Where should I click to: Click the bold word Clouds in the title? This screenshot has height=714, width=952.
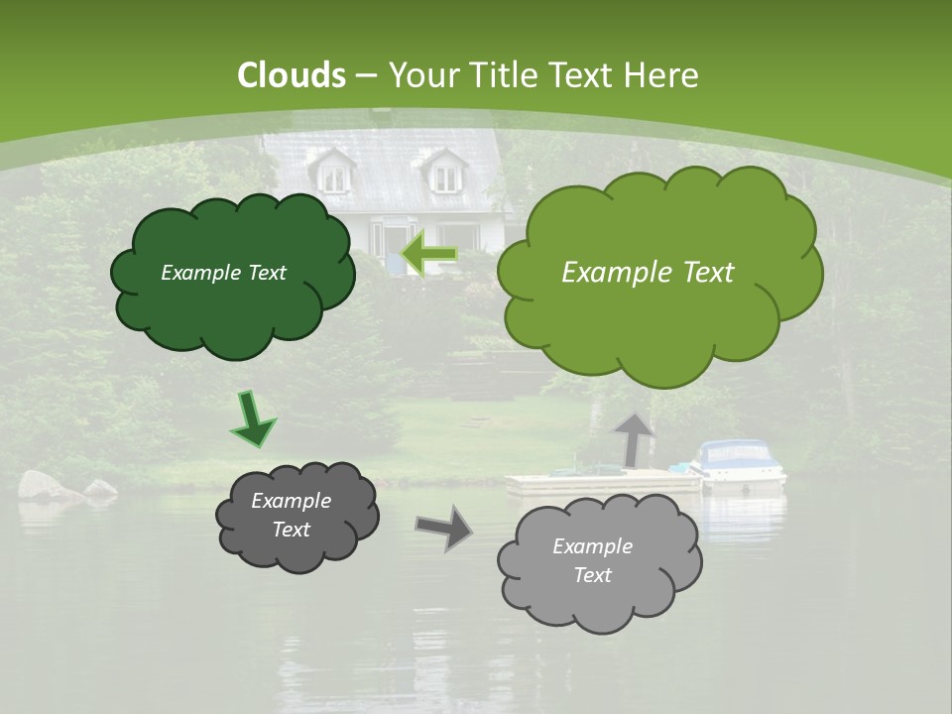point(292,75)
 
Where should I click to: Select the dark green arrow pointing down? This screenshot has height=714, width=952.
point(253,419)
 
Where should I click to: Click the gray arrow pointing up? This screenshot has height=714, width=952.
point(632,438)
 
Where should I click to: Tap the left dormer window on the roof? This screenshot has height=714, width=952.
point(334,176)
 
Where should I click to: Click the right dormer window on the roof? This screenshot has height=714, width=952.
point(446,176)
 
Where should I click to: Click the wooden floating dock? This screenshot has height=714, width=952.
point(595,483)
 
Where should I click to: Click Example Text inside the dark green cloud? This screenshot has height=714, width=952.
point(223,273)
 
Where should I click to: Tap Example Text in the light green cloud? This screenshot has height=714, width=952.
point(648,273)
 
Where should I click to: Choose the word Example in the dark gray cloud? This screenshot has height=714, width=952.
point(291,501)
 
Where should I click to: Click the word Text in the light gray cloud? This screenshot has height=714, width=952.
point(592,575)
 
